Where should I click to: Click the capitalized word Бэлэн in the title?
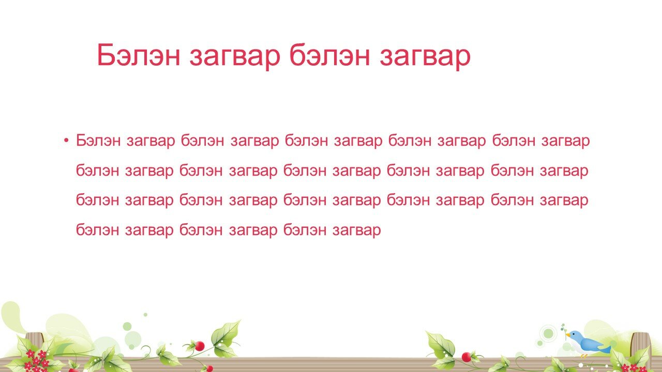[138, 55]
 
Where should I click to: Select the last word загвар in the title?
[425, 58]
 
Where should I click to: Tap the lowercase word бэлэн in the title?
[330, 55]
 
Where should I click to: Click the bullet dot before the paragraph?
[66, 140]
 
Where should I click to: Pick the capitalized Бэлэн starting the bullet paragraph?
[98, 140]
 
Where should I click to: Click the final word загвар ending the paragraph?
[357, 230]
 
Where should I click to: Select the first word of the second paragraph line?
[98, 170]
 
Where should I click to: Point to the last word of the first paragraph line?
[566, 141]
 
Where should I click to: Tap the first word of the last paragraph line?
[98, 229]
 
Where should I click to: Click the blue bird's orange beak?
[568, 335]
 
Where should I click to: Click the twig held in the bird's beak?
[564, 330]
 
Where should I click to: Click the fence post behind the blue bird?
[640, 344]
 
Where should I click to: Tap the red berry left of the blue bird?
[467, 357]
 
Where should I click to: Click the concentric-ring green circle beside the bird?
[548, 333]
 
